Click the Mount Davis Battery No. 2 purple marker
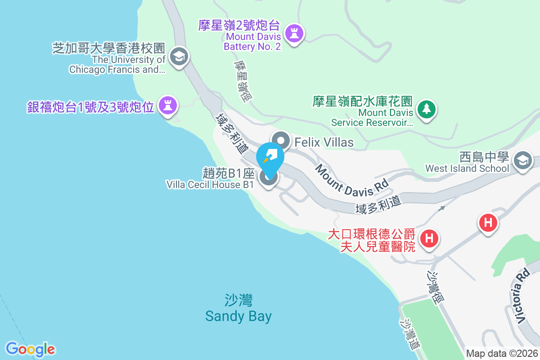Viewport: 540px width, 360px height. coord(295,33)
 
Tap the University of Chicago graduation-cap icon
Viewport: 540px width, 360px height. coord(180,57)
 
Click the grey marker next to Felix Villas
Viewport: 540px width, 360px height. coord(282,140)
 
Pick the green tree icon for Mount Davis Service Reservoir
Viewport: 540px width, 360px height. coord(426,109)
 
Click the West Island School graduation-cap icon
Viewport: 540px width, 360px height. coord(522,160)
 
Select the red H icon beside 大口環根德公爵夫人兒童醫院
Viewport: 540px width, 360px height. coord(430,238)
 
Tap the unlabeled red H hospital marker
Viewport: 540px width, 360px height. coord(489,222)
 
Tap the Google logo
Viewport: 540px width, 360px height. coord(30,349)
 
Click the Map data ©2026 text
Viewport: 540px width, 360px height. coord(502,353)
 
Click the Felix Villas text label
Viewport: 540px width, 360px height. coord(324,143)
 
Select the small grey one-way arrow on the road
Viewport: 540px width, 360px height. coord(442,208)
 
